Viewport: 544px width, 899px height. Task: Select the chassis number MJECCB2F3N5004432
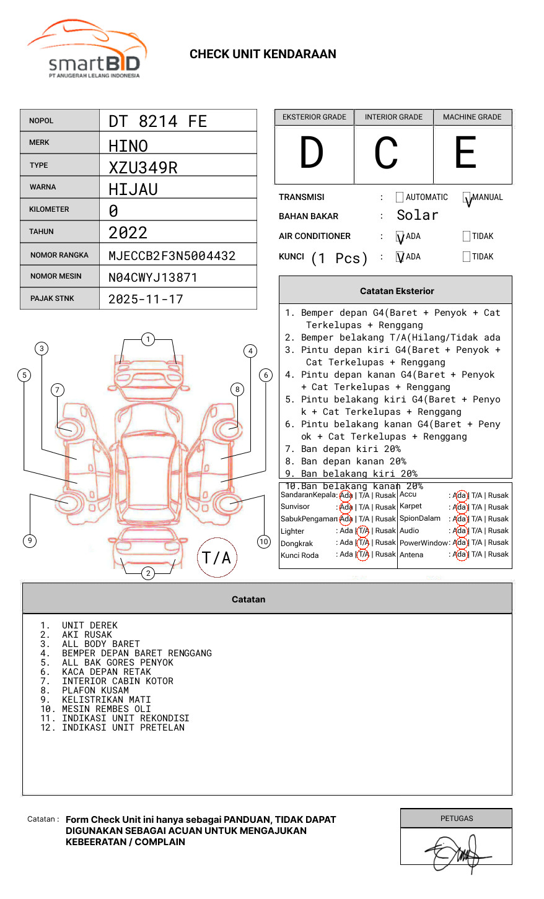click(x=172, y=256)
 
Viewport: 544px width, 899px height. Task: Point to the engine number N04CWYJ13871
click(x=152, y=277)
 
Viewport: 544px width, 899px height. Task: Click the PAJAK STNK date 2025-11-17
click(x=146, y=299)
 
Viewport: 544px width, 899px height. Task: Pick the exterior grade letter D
click(x=312, y=153)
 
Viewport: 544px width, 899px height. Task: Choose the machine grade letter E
click(x=465, y=153)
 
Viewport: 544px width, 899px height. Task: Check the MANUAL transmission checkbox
click(x=467, y=198)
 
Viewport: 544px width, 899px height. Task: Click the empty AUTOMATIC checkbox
click(x=400, y=198)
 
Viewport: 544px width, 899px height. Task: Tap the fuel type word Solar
click(x=417, y=215)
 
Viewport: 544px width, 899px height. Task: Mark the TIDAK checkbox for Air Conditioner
click(x=467, y=237)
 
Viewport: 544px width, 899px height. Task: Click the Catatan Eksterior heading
click(x=397, y=291)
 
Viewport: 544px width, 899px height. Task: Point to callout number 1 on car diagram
click(x=147, y=339)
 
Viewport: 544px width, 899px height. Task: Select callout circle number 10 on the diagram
click(x=264, y=542)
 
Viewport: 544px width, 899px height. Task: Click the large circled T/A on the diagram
click(x=217, y=558)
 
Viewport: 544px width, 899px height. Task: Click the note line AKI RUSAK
click(x=87, y=635)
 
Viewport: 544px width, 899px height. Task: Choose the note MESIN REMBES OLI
click(x=106, y=709)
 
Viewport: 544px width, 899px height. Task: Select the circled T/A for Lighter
click(x=363, y=531)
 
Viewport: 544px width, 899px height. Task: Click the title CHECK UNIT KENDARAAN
click(x=263, y=54)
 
